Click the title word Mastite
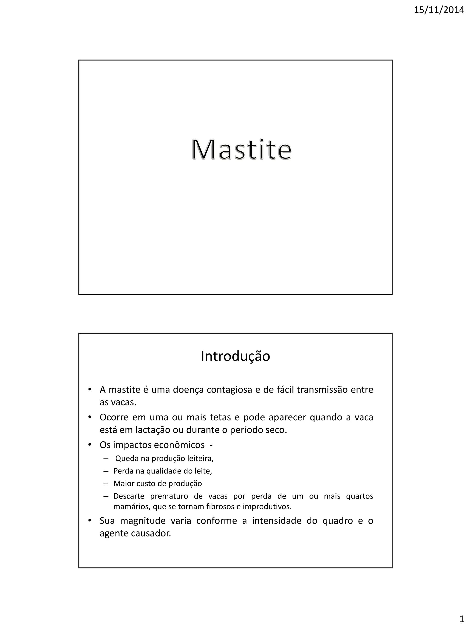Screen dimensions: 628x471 pos(241,150)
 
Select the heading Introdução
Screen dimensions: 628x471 pos(235,356)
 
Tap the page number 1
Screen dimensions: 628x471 pos(462,618)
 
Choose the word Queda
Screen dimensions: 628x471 pos(127,459)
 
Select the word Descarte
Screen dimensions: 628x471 pos(129,496)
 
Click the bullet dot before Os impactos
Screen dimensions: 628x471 pos(90,444)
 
